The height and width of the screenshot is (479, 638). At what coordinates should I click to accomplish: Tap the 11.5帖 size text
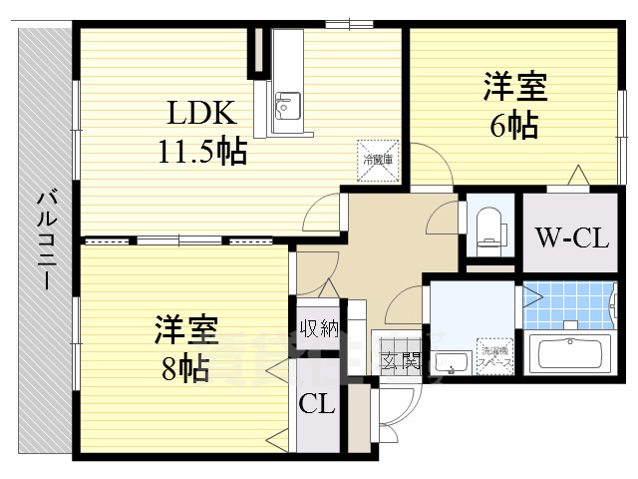(202, 152)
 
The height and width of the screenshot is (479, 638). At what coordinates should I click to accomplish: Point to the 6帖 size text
(513, 126)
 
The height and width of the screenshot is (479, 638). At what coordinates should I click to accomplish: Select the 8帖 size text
(185, 368)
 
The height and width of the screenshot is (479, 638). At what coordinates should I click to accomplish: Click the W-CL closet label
(571, 239)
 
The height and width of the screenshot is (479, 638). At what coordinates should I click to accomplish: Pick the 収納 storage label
(320, 327)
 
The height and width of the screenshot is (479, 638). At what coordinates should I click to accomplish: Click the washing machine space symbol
(495, 355)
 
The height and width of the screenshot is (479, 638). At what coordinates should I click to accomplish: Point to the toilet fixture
(488, 225)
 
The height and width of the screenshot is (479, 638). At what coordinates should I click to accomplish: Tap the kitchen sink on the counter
(286, 103)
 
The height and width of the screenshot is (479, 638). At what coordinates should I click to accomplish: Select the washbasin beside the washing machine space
(452, 362)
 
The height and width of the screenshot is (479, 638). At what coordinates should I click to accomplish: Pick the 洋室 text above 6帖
(515, 88)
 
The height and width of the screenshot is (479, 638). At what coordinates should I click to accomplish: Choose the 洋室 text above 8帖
(186, 330)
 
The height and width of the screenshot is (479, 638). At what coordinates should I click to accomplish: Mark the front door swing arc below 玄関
(399, 404)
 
